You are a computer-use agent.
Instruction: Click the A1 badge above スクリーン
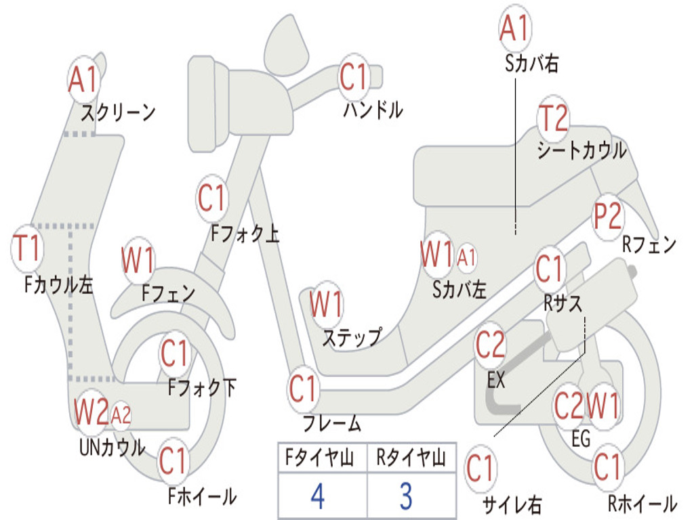[x=83, y=80]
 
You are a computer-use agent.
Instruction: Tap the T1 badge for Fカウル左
[x=27, y=248]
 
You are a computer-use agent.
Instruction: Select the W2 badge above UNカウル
[x=91, y=411]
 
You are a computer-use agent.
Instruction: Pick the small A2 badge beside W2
[x=121, y=415]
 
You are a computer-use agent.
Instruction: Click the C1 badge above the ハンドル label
[x=354, y=77]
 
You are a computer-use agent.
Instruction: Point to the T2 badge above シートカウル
[x=553, y=118]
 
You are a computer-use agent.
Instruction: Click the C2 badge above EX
[x=489, y=345]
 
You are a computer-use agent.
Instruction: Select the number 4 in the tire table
[x=318, y=496]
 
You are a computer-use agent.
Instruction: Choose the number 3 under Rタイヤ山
[x=407, y=496]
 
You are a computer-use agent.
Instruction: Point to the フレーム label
[x=332, y=423]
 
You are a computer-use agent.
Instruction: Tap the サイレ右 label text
[x=512, y=504]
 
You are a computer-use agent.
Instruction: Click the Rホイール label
[x=642, y=503]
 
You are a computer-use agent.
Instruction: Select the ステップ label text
[x=352, y=338]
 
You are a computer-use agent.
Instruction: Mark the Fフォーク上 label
[x=245, y=233]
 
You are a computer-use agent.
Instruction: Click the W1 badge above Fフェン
[x=138, y=261]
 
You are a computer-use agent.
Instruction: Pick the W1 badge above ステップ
[x=326, y=304]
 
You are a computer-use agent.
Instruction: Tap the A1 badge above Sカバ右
[x=515, y=28]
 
